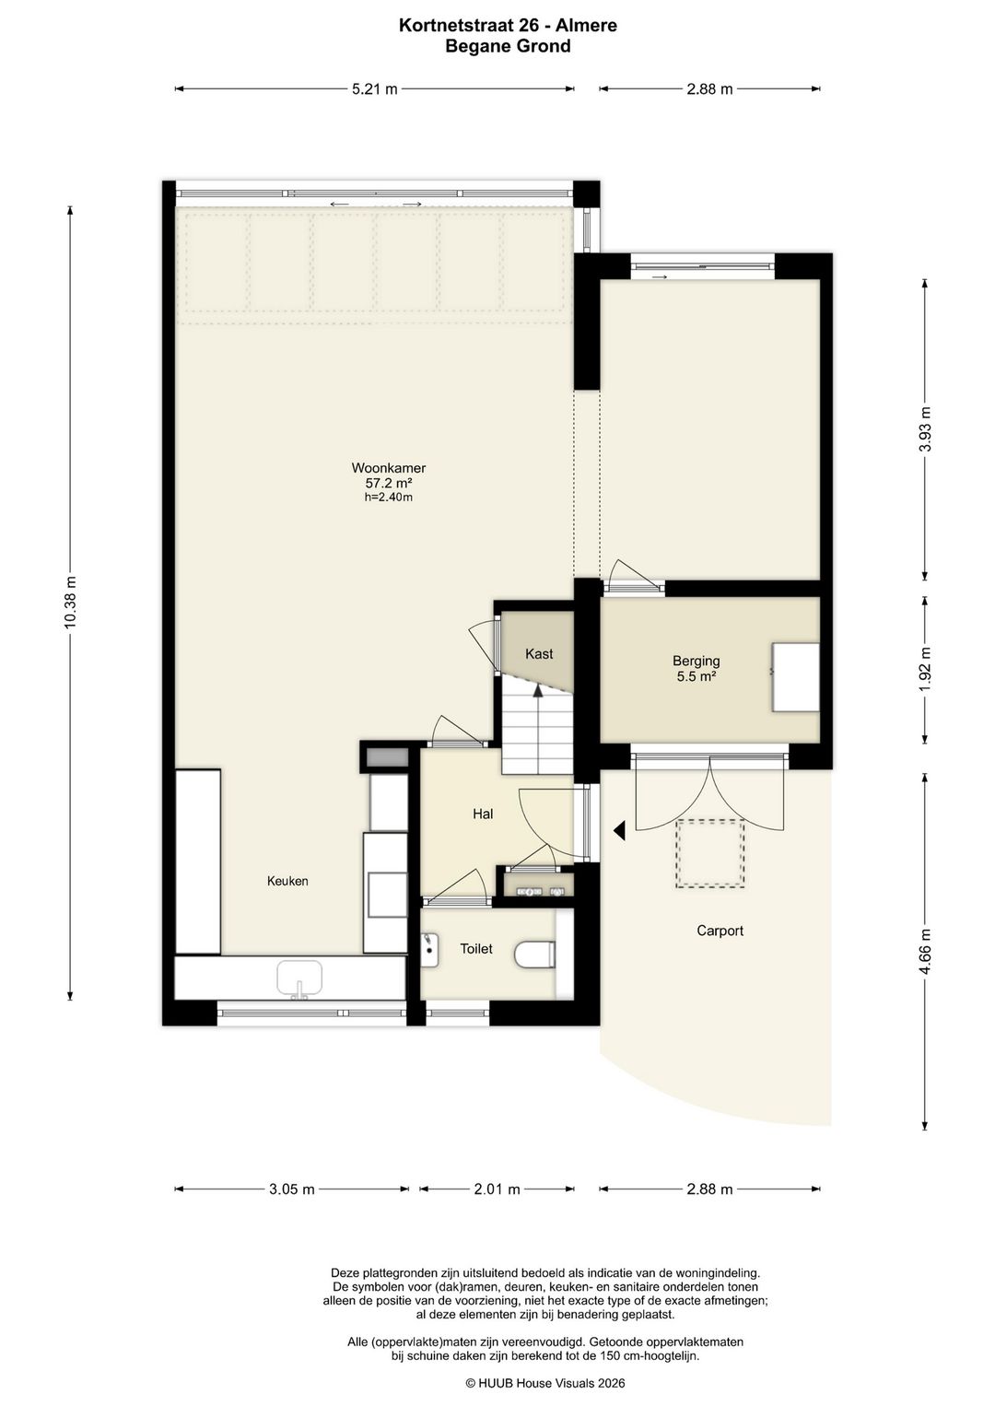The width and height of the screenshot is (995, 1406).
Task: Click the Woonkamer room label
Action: [x=389, y=468]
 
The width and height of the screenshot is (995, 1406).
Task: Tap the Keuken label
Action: [x=287, y=881]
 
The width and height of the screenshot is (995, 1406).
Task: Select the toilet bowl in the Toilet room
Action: [x=535, y=955]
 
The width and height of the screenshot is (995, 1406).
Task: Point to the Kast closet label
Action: [x=539, y=654]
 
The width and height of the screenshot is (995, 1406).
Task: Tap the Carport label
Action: [x=720, y=931]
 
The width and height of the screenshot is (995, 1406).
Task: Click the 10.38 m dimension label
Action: [x=70, y=602]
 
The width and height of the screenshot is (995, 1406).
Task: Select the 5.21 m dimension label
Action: [x=374, y=89]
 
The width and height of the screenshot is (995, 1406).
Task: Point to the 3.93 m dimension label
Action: [x=924, y=429]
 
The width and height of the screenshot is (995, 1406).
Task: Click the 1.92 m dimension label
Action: [x=924, y=669]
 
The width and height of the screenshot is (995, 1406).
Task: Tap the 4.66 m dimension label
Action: [x=924, y=951]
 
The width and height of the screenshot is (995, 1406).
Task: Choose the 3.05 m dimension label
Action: [x=292, y=1189]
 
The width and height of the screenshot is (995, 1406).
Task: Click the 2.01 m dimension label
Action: [x=497, y=1189]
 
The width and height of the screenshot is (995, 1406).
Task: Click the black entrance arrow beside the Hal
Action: [x=619, y=831]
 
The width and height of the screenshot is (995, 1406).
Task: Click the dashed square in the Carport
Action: [x=709, y=853]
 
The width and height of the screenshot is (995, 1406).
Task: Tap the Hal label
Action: [x=483, y=814]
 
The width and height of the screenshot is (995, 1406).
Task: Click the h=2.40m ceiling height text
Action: [x=389, y=498]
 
